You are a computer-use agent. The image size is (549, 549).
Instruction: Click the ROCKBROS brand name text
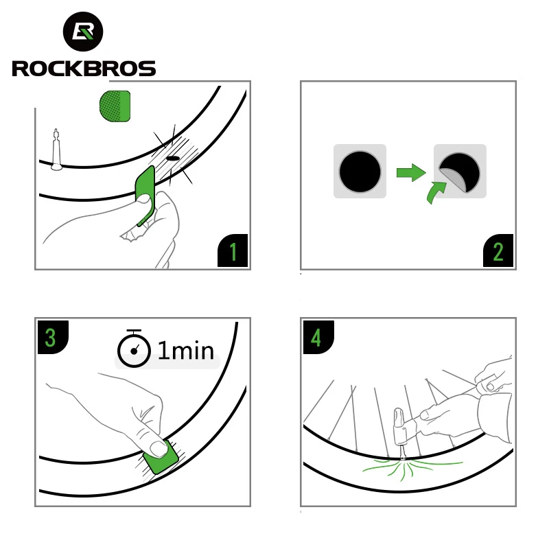pyautogui.click(x=84, y=69)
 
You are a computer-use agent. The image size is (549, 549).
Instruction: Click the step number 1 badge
pyautogui.click(x=233, y=252)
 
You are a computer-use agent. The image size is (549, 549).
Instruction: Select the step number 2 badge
pyautogui.click(x=498, y=252)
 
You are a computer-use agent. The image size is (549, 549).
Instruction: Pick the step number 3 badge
pyautogui.click(x=51, y=337)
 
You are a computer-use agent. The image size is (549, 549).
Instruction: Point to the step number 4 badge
pyautogui.click(x=316, y=337)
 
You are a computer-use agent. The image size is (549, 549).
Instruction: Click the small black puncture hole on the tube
pyautogui.click(x=172, y=158)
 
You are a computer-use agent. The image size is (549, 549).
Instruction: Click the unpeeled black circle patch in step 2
pyautogui.click(x=360, y=172)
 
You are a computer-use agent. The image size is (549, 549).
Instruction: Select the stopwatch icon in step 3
pyautogui.click(x=134, y=351)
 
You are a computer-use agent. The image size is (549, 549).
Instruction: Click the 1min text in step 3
pyautogui.click(x=185, y=351)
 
